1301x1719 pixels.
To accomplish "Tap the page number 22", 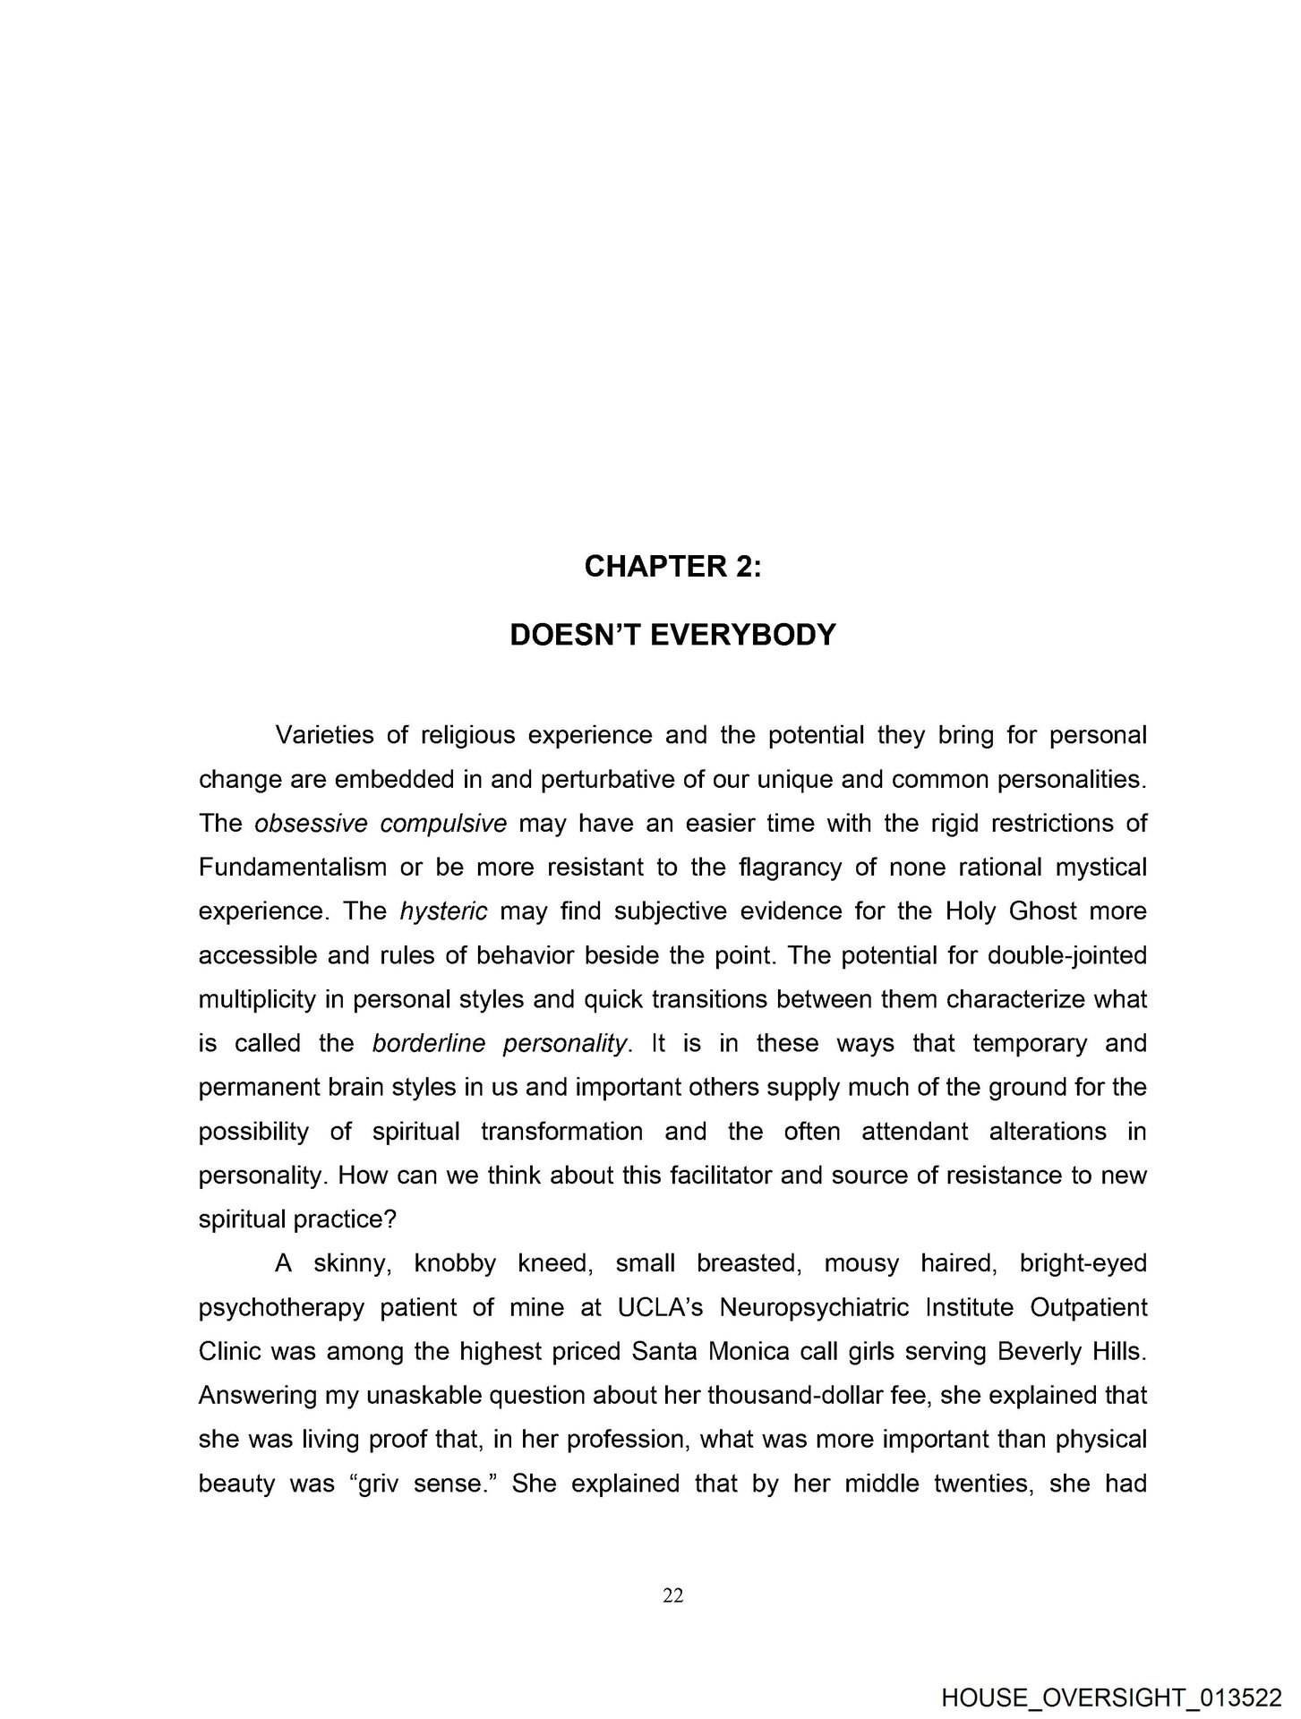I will pos(673,1594).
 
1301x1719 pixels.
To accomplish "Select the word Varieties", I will pos(321,735).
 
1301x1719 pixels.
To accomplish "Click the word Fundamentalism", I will pos(293,868).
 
